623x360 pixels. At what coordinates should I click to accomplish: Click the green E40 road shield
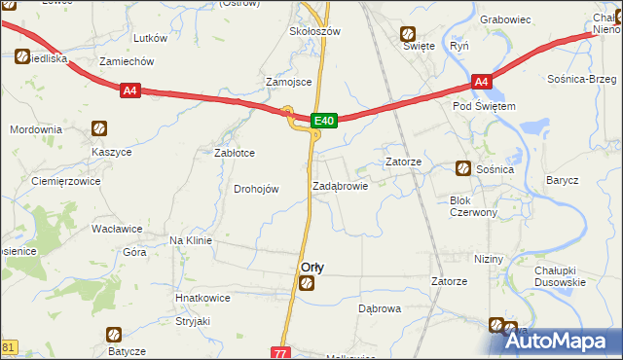(324, 121)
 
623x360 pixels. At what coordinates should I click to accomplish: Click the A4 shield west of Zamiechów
(131, 90)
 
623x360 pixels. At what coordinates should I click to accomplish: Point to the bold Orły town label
(311, 267)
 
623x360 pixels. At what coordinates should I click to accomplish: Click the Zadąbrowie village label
(340, 186)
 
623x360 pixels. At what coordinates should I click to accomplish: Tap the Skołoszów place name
(313, 31)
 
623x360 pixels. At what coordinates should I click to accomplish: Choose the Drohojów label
(257, 189)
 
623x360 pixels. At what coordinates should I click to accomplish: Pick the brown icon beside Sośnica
(463, 168)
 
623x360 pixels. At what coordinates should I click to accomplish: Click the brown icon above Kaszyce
(98, 127)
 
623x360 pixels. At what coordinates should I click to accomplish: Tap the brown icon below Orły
(307, 284)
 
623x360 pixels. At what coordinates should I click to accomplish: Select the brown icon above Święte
(410, 34)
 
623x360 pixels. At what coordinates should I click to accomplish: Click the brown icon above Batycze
(114, 335)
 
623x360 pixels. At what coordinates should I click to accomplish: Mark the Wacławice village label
(117, 229)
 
